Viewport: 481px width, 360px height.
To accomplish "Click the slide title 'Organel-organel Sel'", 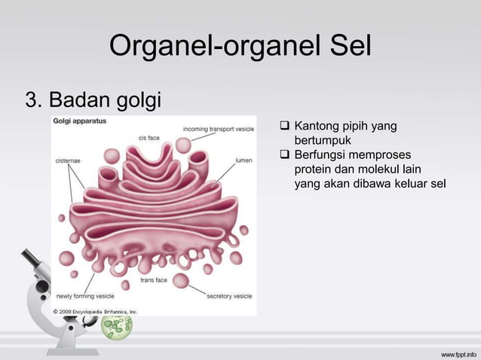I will pos(240,47).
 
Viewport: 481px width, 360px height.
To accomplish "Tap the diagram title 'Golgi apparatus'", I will pos(79,121).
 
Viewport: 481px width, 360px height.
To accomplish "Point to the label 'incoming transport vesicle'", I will pos(219,129).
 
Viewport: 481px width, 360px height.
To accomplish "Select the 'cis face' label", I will pos(148,137).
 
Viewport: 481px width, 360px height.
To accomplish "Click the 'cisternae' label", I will pos(69,160).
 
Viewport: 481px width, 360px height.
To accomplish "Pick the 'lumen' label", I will pos(244,160).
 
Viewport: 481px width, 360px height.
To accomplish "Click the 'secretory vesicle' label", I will pos(229,296).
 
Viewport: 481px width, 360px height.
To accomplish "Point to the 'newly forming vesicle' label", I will pos(85,296).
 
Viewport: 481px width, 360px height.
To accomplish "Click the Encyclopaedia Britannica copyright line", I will pos(95,310).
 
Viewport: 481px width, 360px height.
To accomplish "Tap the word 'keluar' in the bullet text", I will pos(408,183).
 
